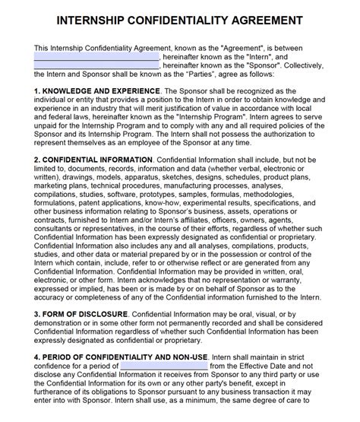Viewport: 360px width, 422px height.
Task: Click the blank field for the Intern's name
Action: tap(96, 56)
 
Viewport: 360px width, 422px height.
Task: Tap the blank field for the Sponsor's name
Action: tap(96, 66)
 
